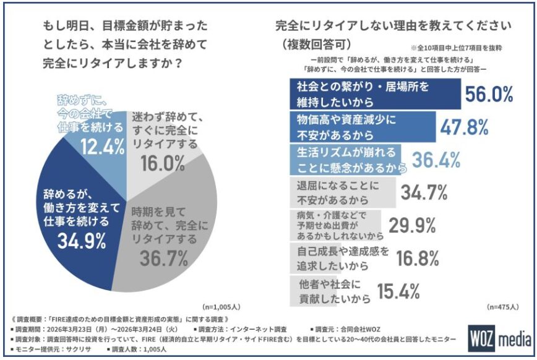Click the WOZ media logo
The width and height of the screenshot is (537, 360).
tap(499, 339)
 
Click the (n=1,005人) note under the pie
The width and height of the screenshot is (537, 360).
tap(224, 307)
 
